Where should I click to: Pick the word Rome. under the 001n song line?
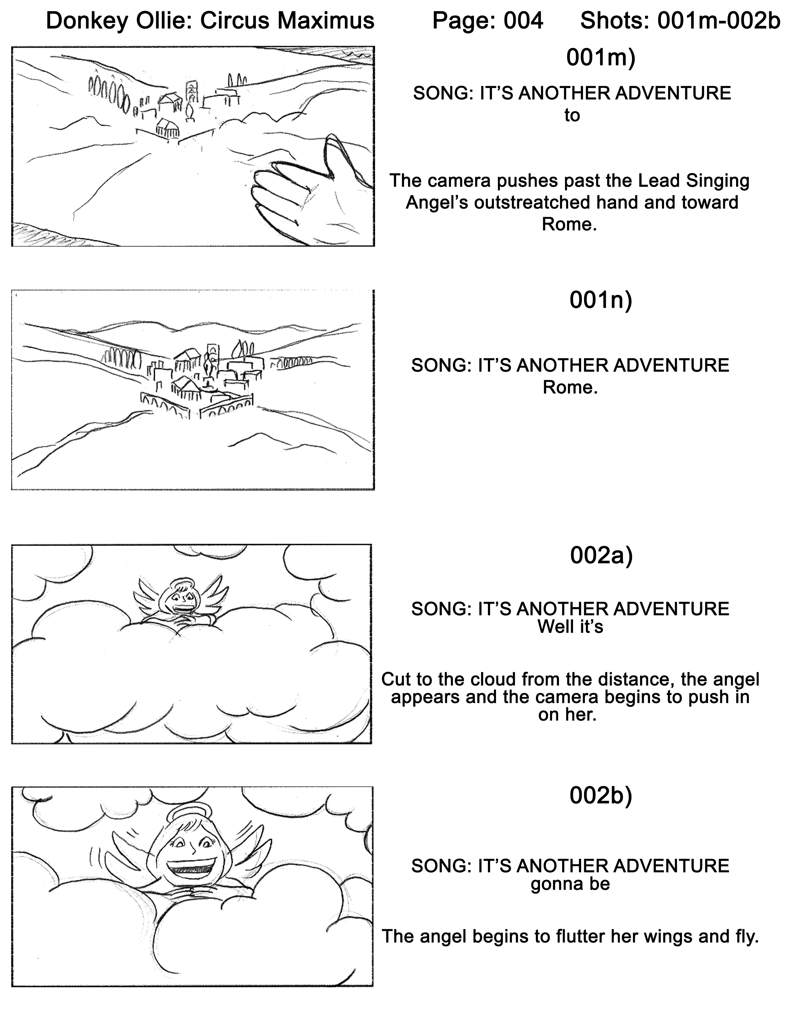[570, 387]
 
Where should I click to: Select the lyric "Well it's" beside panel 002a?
[570, 627]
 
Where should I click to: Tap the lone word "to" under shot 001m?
[572, 115]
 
